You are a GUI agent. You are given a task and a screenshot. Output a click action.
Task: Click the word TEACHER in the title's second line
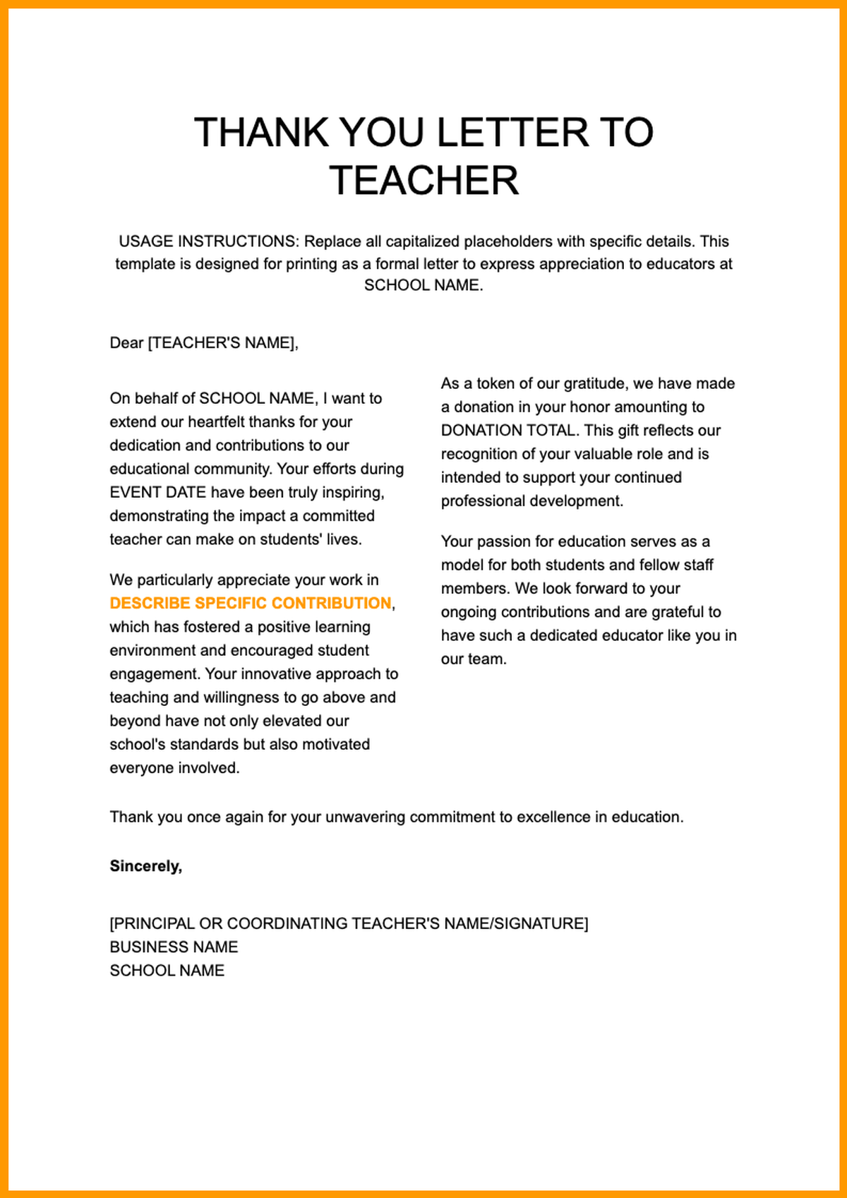tap(423, 181)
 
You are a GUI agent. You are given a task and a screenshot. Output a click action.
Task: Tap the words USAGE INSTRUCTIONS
tap(209, 241)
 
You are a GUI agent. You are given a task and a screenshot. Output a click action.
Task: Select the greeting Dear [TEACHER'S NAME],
tap(204, 343)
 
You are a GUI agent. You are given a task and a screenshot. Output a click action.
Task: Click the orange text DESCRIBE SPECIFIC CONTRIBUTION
tap(251, 604)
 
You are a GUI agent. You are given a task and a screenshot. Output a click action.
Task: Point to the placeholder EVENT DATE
tap(157, 493)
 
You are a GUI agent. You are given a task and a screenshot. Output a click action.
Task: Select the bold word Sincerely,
tap(146, 866)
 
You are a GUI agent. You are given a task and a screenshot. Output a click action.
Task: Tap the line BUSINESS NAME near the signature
tap(174, 947)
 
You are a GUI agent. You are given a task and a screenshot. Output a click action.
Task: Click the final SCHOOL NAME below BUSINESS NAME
tap(167, 971)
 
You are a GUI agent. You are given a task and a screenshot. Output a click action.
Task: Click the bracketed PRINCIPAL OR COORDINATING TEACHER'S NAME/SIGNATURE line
tap(349, 923)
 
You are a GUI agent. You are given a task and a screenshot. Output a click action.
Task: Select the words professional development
tap(531, 501)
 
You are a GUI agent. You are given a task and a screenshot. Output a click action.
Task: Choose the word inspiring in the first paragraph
tap(353, 493)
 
